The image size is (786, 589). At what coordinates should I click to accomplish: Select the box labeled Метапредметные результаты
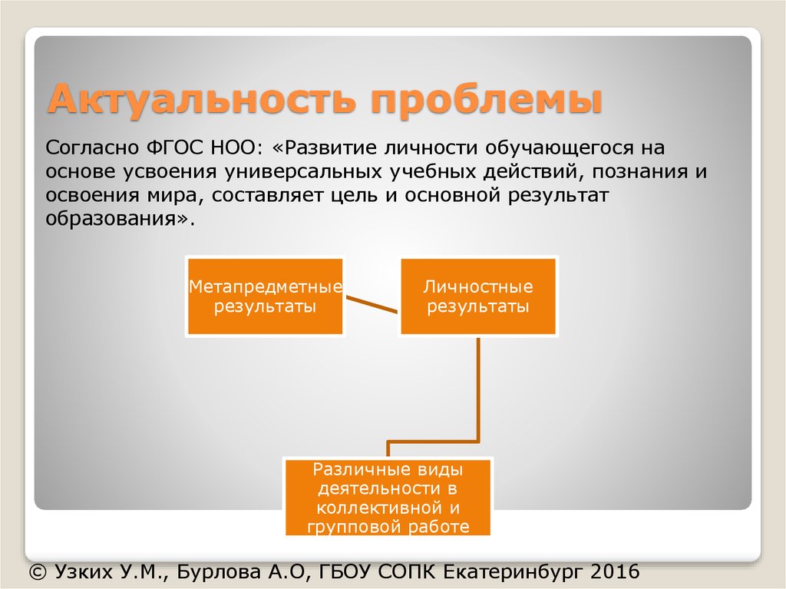coord(265,297)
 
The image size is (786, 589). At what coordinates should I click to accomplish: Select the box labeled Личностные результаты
coord(478,297)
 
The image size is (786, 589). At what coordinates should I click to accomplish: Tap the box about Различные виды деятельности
coord(388,497)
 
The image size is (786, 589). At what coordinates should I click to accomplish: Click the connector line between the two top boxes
coord(372,303)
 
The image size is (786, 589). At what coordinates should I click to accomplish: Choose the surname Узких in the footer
coord(84,572)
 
